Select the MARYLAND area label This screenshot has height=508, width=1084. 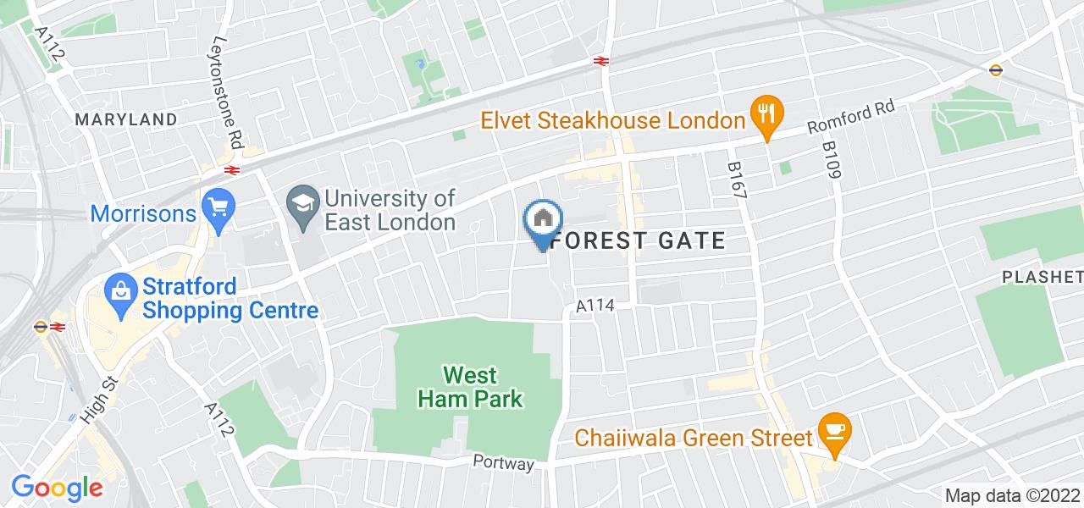(x=126, y=119)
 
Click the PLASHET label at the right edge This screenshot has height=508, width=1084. (x=1042, y=277)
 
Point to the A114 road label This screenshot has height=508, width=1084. (x=595, y=305)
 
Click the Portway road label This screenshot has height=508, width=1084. (x=504, y=463)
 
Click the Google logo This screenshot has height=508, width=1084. (x=57, y=488)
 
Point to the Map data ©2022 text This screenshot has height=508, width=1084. (x=1012, y=496)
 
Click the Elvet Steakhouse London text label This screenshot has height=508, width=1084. (x=612, y=120)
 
